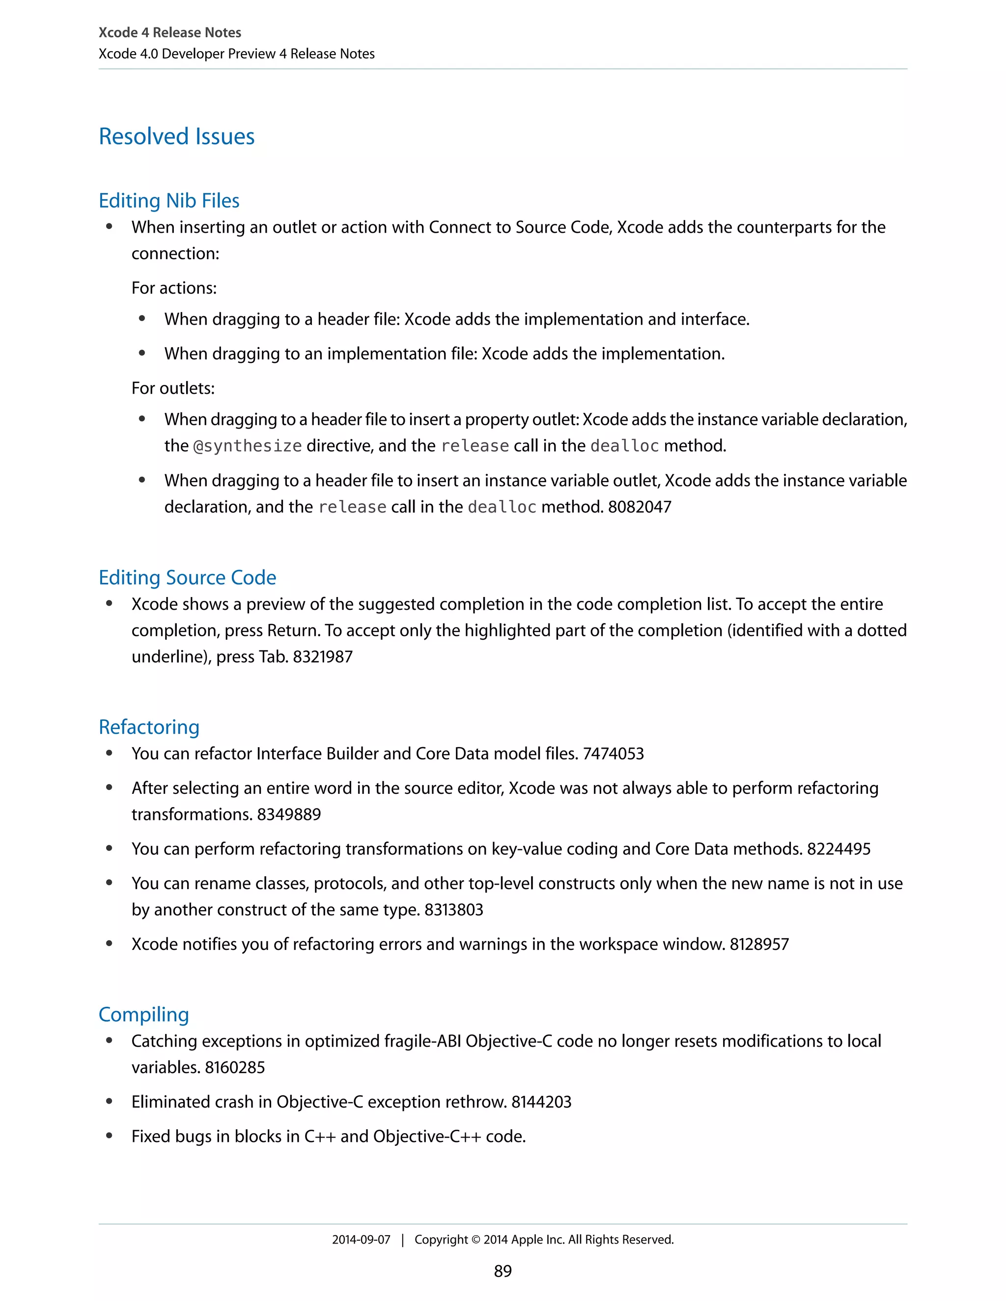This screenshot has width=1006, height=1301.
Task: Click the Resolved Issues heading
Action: [x=176, y=136]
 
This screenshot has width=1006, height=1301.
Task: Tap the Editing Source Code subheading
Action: [x=187, y=577]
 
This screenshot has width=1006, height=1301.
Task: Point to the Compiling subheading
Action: [x=143, y=1014]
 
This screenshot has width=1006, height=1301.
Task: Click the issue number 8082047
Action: [x=640, y=507]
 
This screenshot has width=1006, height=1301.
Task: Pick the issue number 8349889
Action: [x=289, y=814]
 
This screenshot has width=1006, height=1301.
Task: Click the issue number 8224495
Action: [x=838, y=849]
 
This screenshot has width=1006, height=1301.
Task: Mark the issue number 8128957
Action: [x=759, y=944]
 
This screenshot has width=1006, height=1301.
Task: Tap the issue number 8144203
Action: [x=541, y=1102]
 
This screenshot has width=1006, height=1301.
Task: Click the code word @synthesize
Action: [x=248, y=446]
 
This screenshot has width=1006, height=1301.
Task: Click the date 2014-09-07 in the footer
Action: [x=361, y=1240]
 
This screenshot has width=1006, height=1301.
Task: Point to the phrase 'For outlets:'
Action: [x=173, y=388]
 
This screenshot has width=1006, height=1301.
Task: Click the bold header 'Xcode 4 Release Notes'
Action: [x=170, y=33]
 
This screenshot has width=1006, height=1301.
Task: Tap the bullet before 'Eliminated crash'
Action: [x=109, y=1102]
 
